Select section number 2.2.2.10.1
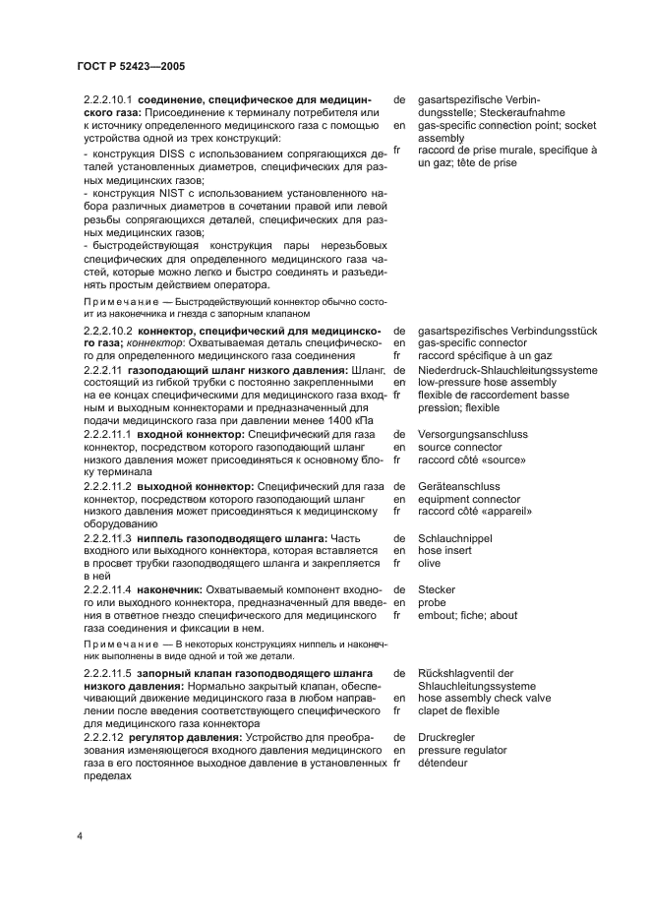coord(108,100)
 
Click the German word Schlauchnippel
coord(455,538)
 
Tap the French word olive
coord(430,564)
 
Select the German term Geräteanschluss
coord(458,486)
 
